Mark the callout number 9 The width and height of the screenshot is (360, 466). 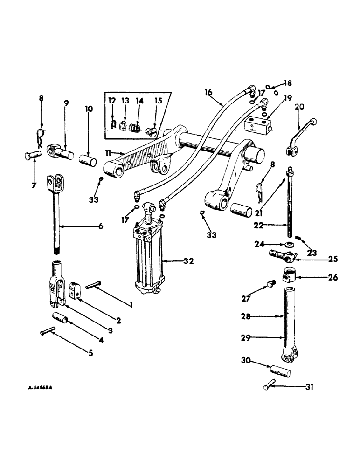(x=66, y=103)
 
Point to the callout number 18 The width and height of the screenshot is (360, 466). (x=288, y=84)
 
